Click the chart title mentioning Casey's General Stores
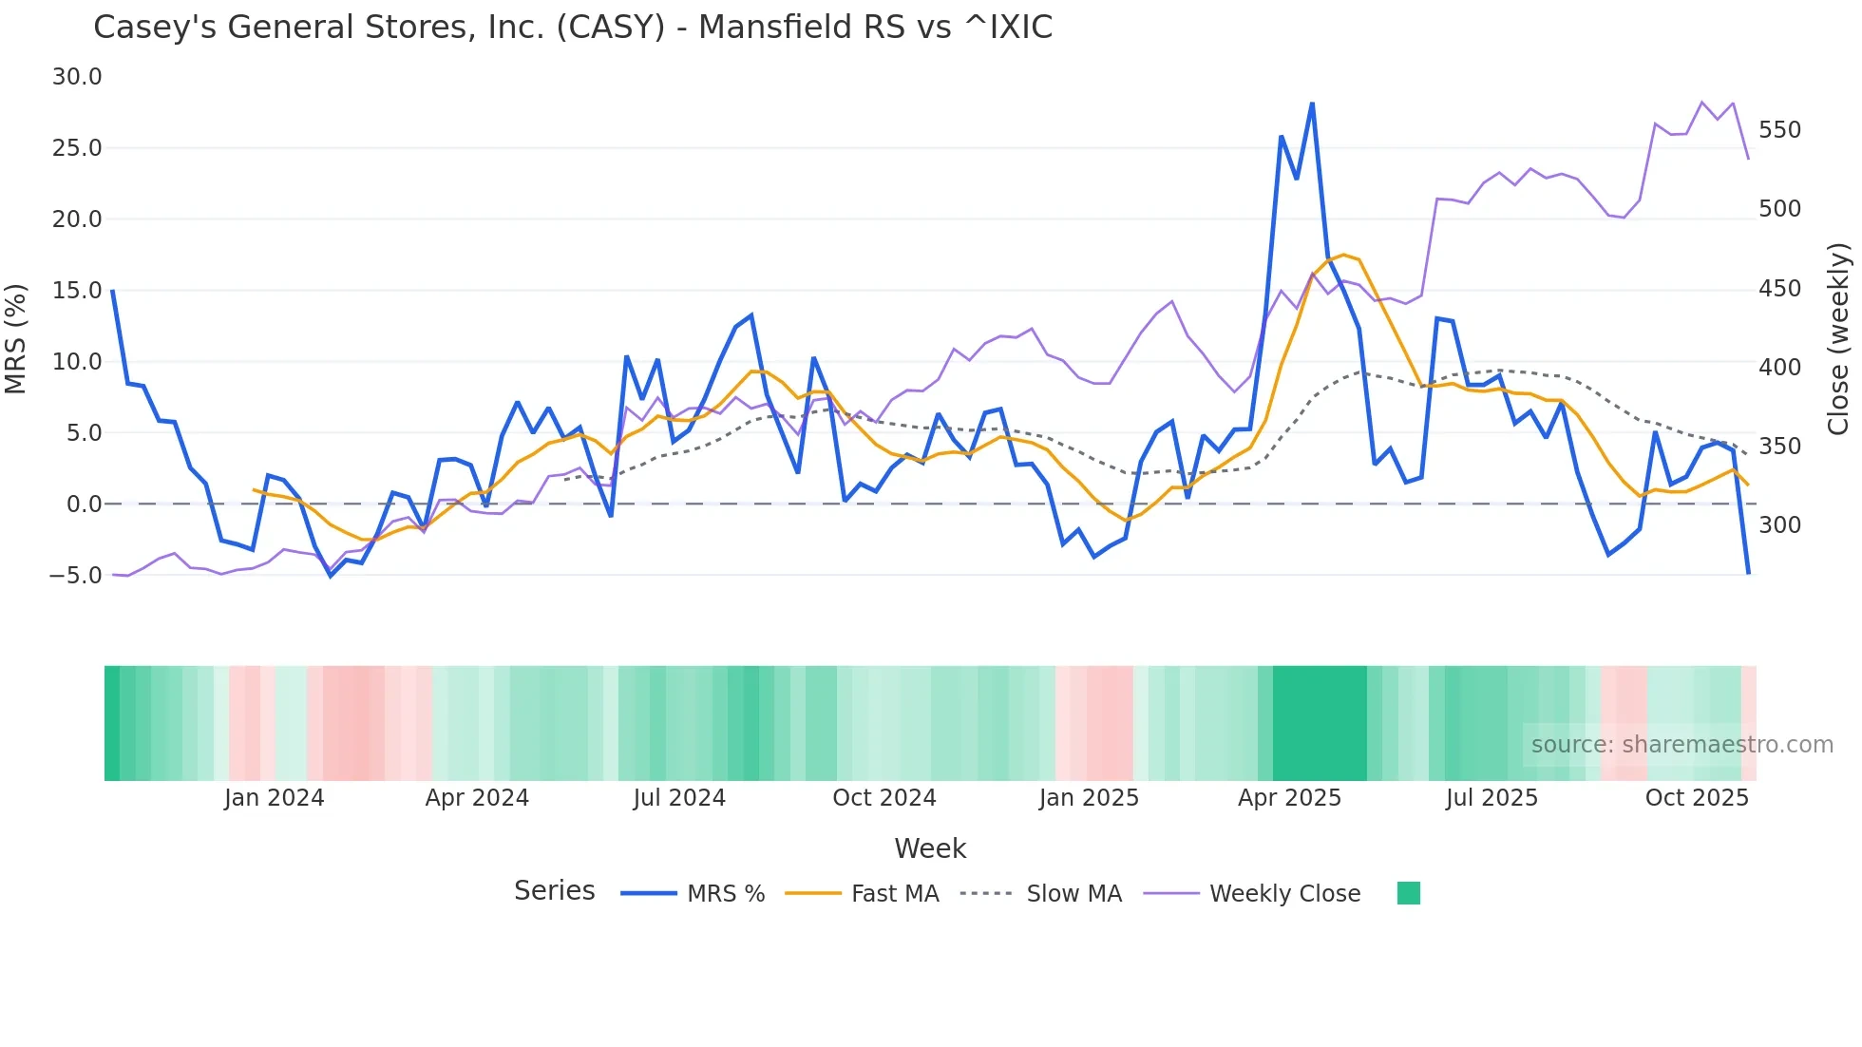pos(573,27)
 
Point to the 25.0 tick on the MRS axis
pos(77,148)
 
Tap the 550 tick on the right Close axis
pos(1779,130)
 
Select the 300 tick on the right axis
pos(1779,525)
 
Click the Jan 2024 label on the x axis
pos(274,798)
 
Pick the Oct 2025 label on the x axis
pos(1697,798)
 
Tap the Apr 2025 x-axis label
pos(1289,798)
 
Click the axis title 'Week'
pos(930,848)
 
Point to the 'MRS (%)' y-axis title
pos(16,339)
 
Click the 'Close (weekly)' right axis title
pos(1839,339)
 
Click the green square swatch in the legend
pos(1409,893)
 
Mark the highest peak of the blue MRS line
pos(1312,104)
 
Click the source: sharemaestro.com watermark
pos(1681,745)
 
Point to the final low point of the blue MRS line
pos(1748,573)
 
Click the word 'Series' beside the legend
pos(555,891)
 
